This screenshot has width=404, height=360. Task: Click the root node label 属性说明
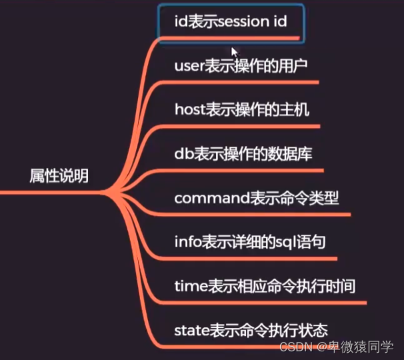pos(59,176)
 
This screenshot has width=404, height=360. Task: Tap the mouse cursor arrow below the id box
pos(234,52)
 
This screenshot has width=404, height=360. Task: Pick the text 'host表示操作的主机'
pos(241,110)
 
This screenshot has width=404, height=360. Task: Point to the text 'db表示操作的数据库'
pos(243,154)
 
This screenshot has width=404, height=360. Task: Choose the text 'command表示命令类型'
pos(257,198)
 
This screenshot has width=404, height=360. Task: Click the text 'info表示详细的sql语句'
pos(250,242)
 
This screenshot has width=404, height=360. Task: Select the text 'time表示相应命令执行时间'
pos(264,286)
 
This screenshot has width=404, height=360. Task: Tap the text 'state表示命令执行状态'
pos(251,329)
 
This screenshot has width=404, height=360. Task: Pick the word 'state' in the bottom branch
pos(191,329)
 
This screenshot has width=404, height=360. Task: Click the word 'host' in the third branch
pos(189,110)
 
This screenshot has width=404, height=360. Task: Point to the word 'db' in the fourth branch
pos(183,154)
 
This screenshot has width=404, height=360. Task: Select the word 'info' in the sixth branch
pos(187,242)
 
